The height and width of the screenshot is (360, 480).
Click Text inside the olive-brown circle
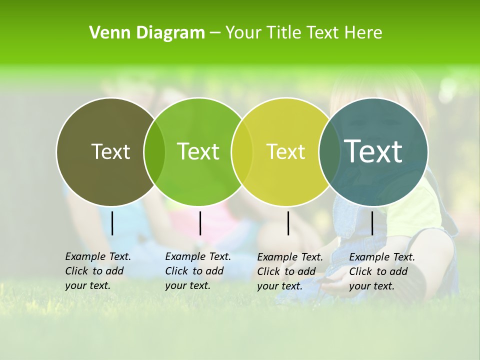tap(110, 151)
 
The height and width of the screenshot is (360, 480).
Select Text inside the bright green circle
tap(198, 151)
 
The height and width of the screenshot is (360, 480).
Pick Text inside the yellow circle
tap(285, 151)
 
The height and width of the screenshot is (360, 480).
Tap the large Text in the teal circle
tap(373, 151)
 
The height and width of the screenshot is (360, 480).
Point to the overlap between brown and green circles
tap(154, 152)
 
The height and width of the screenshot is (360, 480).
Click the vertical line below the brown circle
tap(112, 223)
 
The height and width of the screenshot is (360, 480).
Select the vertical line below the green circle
tap(200, 223)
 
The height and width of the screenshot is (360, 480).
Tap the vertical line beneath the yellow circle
tap(288, 223)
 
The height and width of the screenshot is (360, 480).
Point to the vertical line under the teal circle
tap(372, 223)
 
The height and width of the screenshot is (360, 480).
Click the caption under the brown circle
tap(97, 271)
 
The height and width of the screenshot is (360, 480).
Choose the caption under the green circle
tap(197, 271)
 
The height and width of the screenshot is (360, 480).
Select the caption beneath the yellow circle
tap(289, 271)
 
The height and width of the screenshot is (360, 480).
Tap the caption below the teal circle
tap(381, 271)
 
